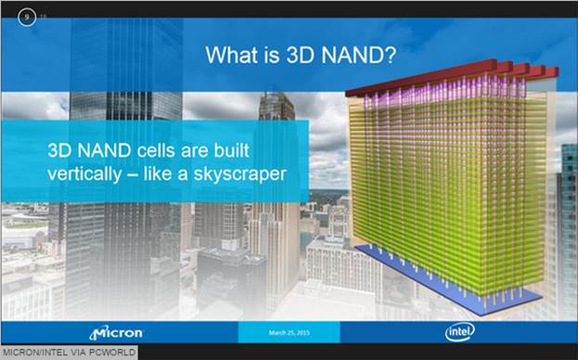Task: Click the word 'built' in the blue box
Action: [x=250, y=149]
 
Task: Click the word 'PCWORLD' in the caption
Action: [x=113, y=352]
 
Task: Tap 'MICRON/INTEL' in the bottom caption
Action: [x=34, y=352]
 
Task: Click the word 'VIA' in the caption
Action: [x=79, y=352]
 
